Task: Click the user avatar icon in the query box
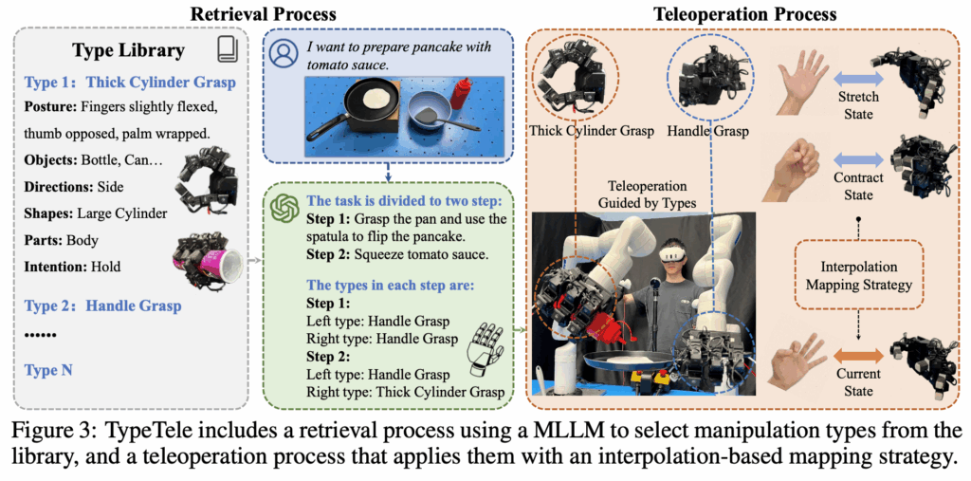coord(282,53)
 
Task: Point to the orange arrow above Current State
coord(857,354)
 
